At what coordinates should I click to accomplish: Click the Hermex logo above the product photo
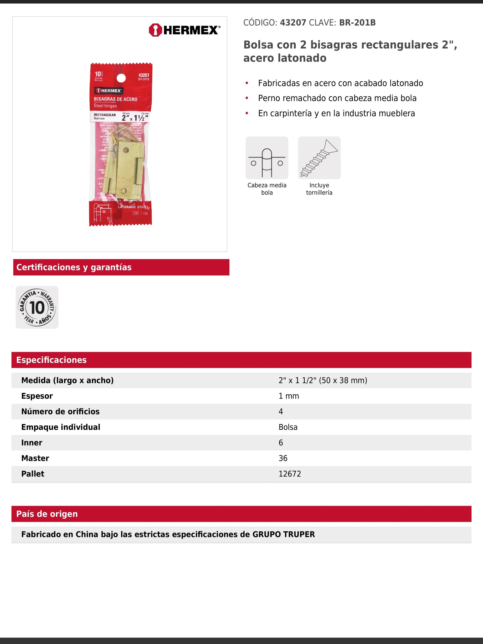[x=184, y=30]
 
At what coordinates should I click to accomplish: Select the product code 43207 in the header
[x=293, y=23]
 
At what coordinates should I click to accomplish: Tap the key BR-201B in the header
[x=357, y=23]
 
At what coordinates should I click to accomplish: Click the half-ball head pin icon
[x=267, y=158]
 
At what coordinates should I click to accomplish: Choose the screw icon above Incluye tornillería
[x=319, y=158]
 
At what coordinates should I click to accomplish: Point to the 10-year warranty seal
[x=37, y=307]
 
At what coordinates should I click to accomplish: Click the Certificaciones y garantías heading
[x=74, y=267]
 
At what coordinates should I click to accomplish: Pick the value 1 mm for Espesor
[x=288, y=396]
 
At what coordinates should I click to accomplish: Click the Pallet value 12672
[x=290, y=474]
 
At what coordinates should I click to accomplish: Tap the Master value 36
[x=283, y=458]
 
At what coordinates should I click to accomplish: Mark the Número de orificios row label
[x=60, y=411]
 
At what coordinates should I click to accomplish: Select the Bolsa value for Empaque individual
[x=288, y=427]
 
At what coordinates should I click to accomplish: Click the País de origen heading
[x=47, y=514]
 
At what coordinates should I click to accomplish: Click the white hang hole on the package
[x=121, y=78]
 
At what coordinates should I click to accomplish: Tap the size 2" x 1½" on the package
[x=135, y=118]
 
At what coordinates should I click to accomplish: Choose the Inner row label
[x=32, y=442]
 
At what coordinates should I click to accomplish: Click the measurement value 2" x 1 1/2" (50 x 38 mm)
[x=323, y=380]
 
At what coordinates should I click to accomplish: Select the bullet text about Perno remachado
[x=337, y=98]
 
